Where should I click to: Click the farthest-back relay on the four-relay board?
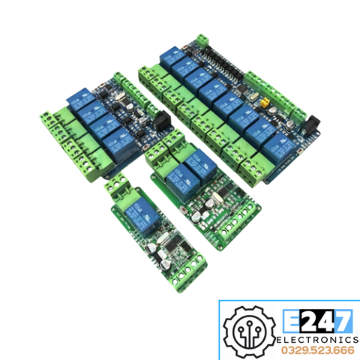(80, 95)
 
